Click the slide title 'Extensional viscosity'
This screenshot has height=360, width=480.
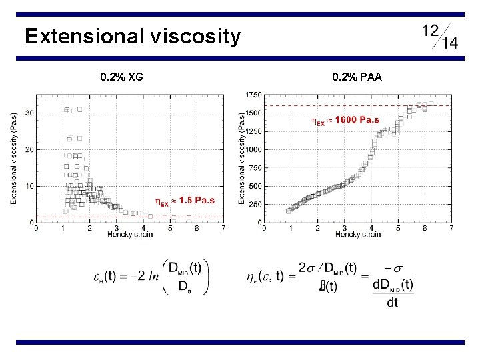[132, 36]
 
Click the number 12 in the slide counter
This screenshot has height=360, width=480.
[430, 30]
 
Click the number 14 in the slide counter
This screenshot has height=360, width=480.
[449, 43]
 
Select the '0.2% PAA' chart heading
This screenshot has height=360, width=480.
[357, 77]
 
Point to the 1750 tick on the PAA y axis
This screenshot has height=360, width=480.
[253, 95]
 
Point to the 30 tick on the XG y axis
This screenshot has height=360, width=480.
[29, 113]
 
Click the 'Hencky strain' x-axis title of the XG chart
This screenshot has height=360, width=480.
[130, 234]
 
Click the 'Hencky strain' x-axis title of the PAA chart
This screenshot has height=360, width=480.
[358, 234]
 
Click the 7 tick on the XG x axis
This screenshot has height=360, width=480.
[223, 228]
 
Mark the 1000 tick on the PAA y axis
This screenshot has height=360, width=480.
[253, 150]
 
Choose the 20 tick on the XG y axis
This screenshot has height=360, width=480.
[29, 150]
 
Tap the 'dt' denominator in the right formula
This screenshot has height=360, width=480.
[392, 303]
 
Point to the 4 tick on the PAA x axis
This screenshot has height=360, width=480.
[371, 228]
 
